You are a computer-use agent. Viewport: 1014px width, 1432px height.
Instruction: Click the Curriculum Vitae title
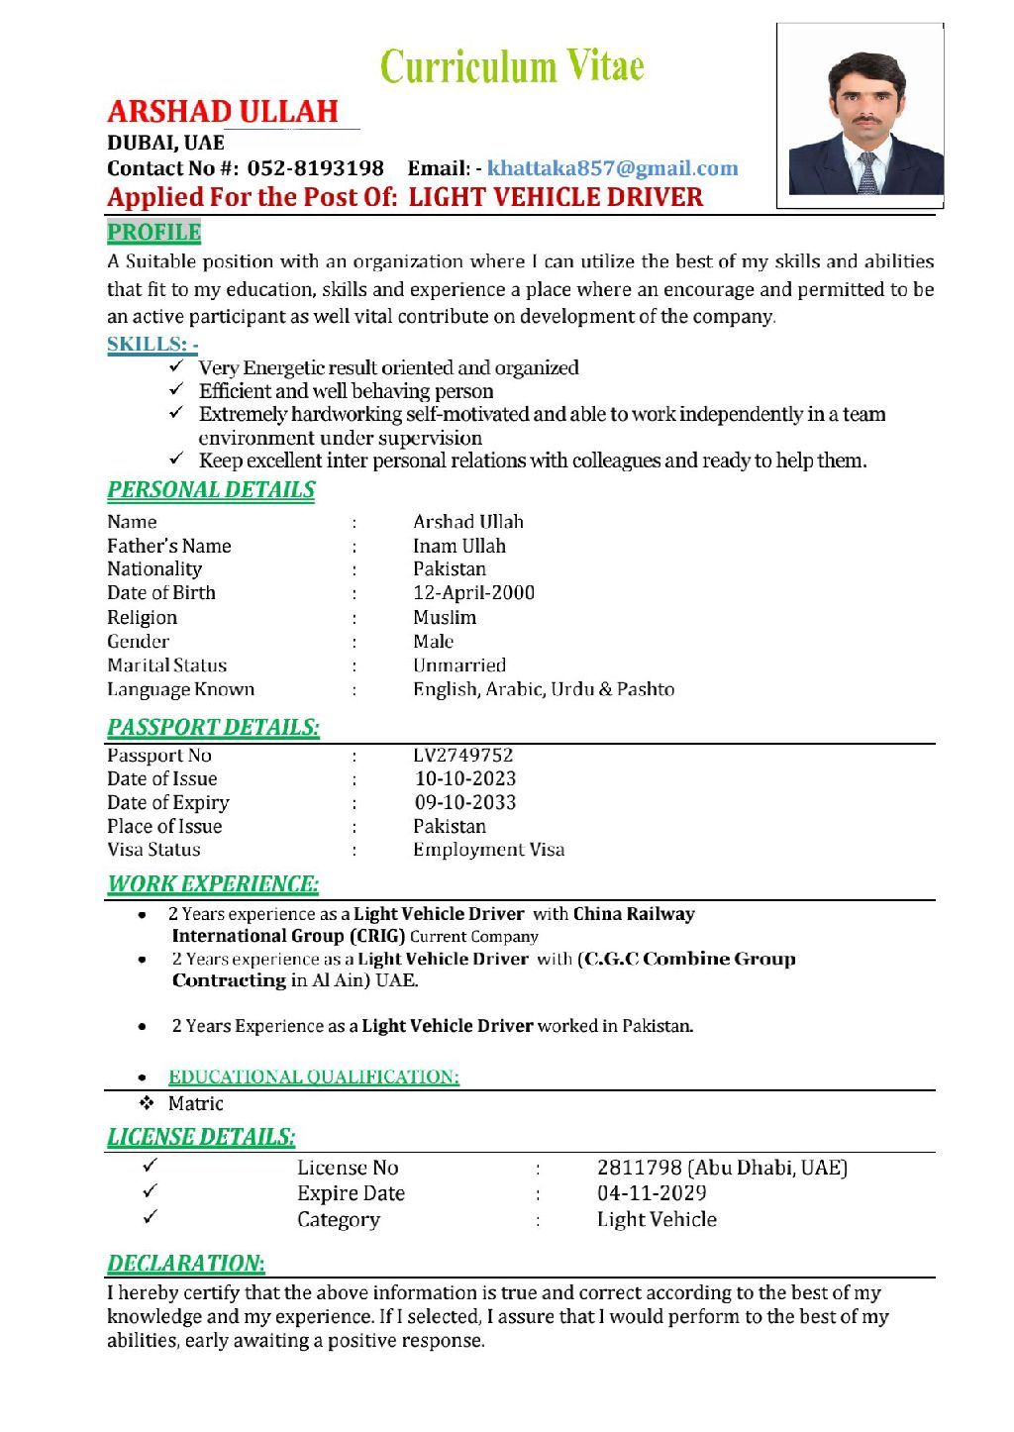(512, 67)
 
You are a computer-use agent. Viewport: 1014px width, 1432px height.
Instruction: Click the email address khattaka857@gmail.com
(612, 168)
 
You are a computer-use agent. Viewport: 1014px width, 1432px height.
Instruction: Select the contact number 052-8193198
(315, 168)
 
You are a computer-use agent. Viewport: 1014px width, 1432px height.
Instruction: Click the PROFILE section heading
(153, 233)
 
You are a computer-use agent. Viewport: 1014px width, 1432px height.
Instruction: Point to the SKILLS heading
(152, 345)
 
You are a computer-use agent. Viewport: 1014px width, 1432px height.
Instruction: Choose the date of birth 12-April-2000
(473, 593)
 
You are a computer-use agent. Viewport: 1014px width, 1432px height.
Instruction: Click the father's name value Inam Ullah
(458, 546)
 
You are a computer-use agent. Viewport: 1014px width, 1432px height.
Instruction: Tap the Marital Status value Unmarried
(458, 665)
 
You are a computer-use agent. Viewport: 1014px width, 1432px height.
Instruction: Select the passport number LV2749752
(462, 756)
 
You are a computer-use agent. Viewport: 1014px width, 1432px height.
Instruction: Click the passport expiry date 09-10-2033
(464, 803)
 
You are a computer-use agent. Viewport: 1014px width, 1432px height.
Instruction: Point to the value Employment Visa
(488, 850)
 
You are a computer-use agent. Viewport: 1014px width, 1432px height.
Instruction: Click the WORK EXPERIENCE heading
(213, 884)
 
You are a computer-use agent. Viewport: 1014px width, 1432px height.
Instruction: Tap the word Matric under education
(195, 1104)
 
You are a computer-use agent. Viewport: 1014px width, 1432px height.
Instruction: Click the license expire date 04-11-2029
(652, 1193)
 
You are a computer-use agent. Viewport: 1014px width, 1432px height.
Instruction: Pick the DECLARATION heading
(185, 1264)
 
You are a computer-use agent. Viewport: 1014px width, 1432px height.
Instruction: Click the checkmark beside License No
(151, 1167)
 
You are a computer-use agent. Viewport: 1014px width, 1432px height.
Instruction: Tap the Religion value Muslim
(444, 618)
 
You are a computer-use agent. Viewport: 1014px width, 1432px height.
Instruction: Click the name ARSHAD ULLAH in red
(223, 111)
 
